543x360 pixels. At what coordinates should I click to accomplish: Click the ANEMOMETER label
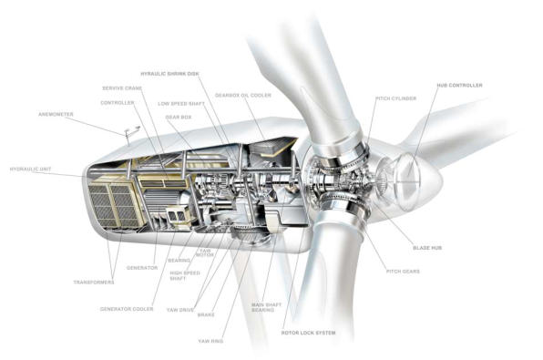(x=56, y=114)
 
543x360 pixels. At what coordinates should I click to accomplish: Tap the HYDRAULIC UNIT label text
(x=30, y=170)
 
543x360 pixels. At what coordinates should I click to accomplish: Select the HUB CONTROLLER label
(x=459, y=86)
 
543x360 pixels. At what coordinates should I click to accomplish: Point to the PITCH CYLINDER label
(x=396, y=98)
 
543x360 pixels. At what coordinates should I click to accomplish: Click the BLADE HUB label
(x=427, y=248)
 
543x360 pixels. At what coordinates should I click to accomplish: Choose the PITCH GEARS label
(x=403, y=272)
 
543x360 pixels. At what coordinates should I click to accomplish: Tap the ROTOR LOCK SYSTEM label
(x=308, y=333)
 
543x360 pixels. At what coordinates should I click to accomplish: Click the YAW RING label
(x=210, y=341)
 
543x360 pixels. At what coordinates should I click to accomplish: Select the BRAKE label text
(x=206, y=315)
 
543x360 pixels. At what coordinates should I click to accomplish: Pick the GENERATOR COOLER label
(x=127, y=309)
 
